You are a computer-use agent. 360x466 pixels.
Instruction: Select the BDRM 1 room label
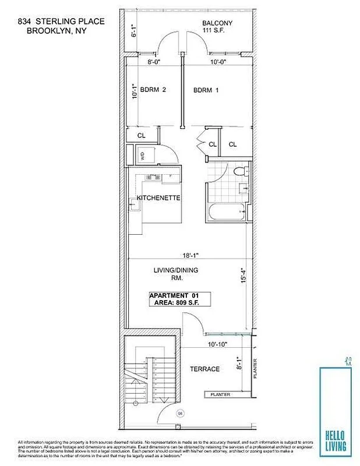click(207, 90)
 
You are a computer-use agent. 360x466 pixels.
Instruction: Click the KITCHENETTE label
click(158, 199)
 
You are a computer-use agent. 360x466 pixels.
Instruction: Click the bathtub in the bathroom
click(227, 211)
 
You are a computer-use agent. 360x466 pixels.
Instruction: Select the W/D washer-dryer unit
click(143, 156)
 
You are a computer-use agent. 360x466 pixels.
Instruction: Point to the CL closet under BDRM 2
click(141, 135)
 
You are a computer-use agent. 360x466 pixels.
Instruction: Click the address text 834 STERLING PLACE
click(61, 22)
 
